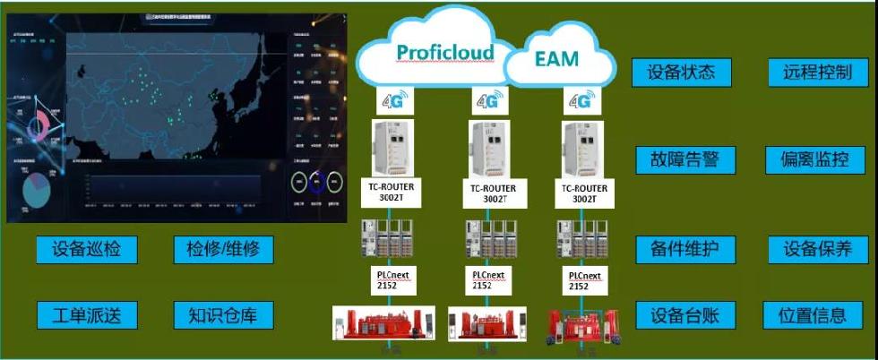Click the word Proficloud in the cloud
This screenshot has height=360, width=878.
pyautogui.click(x=446, y=52)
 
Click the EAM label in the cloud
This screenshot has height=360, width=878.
pyautogui.click(x=557, y=59)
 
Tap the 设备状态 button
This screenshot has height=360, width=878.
pyautogui.click(x=682, y=73)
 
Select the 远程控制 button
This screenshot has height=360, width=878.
pyautogui.click(x=811, y=73)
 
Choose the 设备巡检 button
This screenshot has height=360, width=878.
pyautogui.click(x=87, y=250)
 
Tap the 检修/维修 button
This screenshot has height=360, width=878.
pyautogui.click(x=223, y=250)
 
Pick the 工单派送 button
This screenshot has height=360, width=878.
pyautogui.click(x=87, y=314)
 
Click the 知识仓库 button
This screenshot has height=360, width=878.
pyautogui.click(x=223, y=314)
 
